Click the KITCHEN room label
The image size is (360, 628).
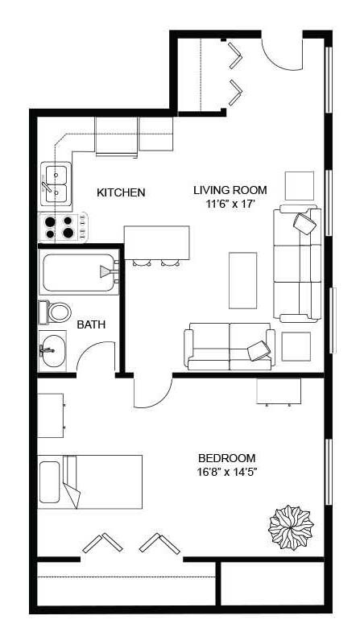pos(121,192)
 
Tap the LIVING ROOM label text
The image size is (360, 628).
pos(230,190)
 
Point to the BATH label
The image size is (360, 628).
pos(89,325)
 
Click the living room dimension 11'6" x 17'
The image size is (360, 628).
pos(230,205)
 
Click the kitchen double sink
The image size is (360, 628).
pos(56,183)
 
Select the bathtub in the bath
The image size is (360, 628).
pos(78,272)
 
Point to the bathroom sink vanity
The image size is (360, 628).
pos(54,350)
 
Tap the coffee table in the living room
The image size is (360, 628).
pos(243,279)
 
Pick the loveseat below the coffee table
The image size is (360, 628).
pos(230,345)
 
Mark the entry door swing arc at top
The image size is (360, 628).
pos(282,52)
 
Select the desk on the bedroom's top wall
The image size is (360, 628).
pos(279,391)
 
